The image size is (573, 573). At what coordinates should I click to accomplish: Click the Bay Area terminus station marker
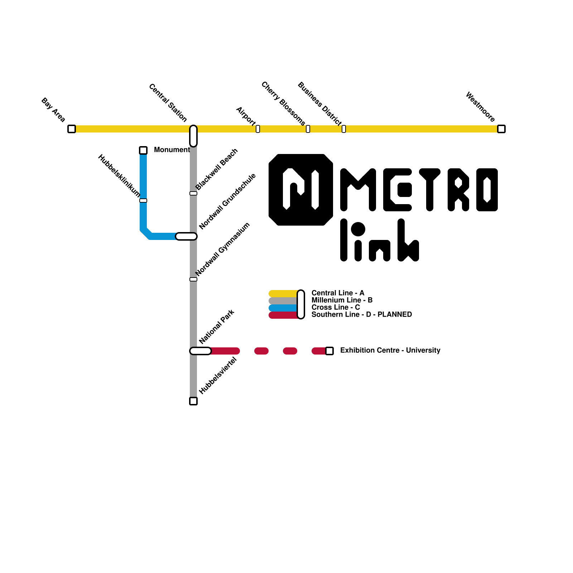click(72, 129)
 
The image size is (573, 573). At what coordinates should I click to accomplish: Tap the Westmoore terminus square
click(501, 129)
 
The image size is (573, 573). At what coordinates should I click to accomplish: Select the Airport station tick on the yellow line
click(258, 129)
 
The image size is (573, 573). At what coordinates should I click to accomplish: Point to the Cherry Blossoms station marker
click(308, 129)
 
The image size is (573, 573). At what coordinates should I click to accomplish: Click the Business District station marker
click(344, 129)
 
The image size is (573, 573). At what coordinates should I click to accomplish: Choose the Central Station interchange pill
click(193, 136)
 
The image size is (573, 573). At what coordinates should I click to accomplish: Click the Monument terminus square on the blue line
click(143, 150)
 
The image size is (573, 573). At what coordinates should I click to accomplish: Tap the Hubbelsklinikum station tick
click(143, 201)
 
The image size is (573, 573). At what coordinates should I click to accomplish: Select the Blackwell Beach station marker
click(193, 193)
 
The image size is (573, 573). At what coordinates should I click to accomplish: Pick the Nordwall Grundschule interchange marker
click(186, 236)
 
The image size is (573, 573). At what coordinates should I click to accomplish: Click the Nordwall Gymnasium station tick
click(193, 279)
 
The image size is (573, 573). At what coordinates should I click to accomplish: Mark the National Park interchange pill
click(201, 351)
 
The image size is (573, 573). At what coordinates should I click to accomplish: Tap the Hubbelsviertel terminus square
click(193, 401)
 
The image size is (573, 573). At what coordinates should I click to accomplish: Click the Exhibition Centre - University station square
click(329, 351)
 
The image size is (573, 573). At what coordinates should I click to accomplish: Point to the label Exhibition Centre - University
click(390, 350)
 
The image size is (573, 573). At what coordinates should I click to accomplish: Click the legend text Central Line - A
click(338, 293)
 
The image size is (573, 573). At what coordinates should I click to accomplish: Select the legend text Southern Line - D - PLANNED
click(361, 314)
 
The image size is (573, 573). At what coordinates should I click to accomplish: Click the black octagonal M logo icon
click(301, 190)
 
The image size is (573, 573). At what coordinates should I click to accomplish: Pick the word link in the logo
click(380, 240)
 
